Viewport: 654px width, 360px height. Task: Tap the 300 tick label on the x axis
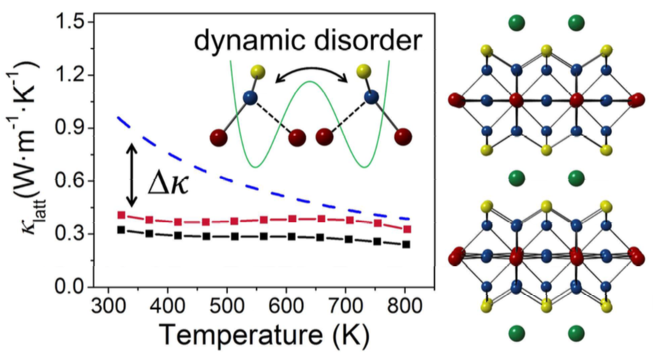(108, 307)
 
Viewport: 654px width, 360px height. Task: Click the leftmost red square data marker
(121, 215)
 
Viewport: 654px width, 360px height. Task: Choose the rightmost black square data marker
(406, 244)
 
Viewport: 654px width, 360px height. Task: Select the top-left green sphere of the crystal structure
(516, 22)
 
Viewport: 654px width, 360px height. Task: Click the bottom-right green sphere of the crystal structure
(577, 332)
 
